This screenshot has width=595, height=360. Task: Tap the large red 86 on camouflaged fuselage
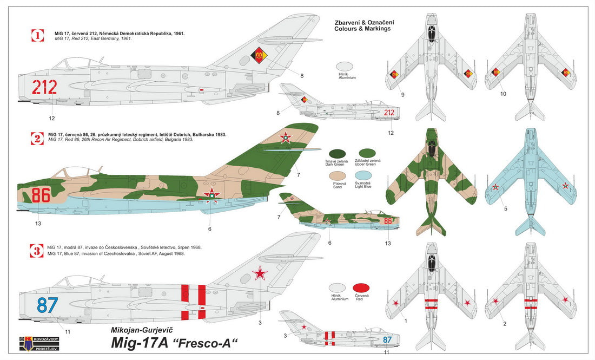[x=41, y=195]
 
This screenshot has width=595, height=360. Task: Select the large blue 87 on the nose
[x=47, y=305]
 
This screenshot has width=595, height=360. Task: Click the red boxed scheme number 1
[x=37, y=36]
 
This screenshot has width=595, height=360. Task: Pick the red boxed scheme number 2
[x=37, y=138]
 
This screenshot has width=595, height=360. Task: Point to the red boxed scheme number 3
[x=37, y=250]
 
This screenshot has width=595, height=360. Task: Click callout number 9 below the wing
[x=402, y=95]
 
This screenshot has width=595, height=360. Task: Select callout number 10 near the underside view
[x=503, y=94]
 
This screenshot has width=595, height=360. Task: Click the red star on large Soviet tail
[x=261, y=273]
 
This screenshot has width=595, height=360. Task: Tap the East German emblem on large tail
[x=259, y=55]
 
